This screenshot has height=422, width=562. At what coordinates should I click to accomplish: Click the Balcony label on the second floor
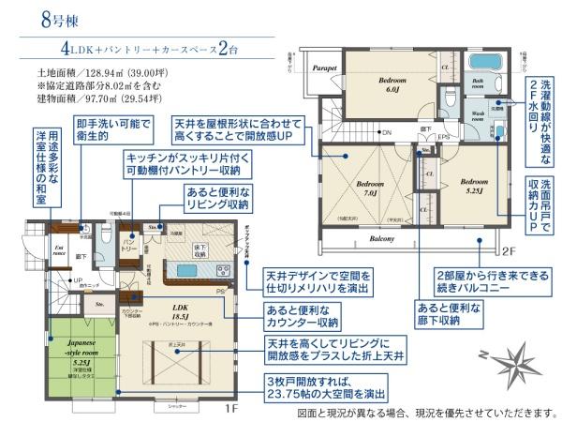pyautogui.click(x=381, y=239)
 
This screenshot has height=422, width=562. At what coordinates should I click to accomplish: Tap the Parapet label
pyautogui.click(x=324, y=67)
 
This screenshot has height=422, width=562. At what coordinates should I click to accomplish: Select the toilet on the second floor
pyautogui.click(x=451, y=97)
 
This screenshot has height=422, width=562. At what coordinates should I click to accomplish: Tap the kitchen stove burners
pyautogui.click(x=222, y=271)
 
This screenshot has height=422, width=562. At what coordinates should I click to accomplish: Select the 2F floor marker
pyautogui.click(x=506, y=251)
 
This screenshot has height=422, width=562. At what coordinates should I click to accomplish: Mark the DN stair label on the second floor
pyautogui.click(x=385, y=132)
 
